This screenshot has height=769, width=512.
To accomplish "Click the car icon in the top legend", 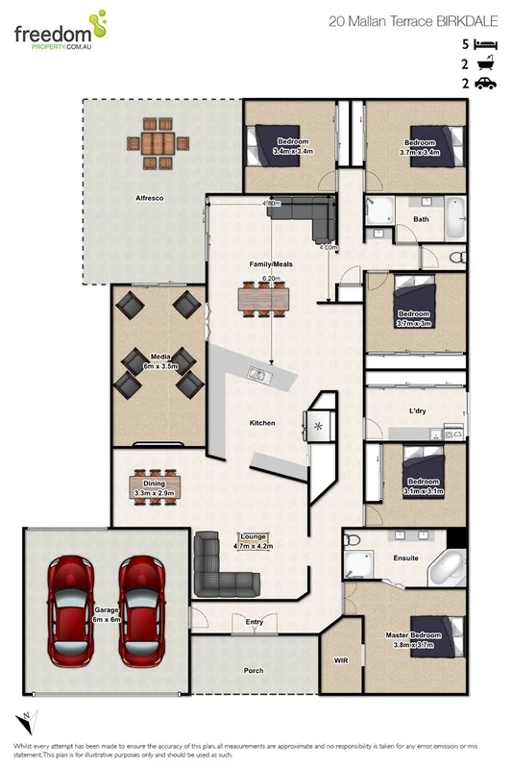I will click(x=486, y=84).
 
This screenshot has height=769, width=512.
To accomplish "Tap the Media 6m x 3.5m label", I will click(x=159, y=360).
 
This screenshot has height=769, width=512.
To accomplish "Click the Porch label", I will click(x=254, y=671).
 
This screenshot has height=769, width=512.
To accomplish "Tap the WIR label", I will click(x=339, y=661).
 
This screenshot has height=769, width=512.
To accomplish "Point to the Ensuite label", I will click(x=405, y=558).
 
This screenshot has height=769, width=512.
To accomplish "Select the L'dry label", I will click(x=418, y=410).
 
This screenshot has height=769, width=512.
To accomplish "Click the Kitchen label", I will click(x=262, y=423).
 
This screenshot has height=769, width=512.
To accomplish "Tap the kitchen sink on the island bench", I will click(x=258, y=372).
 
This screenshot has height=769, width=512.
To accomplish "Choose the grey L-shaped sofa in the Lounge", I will click(x=223, y=568).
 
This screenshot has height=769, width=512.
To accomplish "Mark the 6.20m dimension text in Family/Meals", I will click(x=270, y=278).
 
